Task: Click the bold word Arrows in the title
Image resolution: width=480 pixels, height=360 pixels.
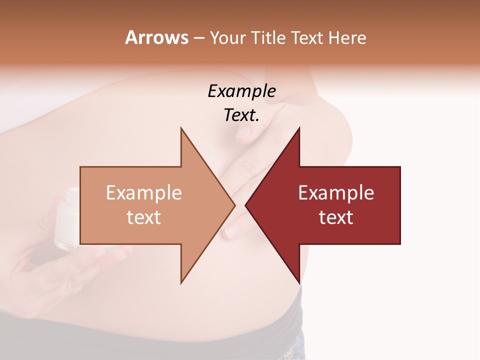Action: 156,37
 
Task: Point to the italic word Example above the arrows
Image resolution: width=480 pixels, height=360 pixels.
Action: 241,91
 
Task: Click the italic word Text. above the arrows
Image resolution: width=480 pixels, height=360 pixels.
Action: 241,115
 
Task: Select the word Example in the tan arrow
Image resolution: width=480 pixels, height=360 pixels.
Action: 144,193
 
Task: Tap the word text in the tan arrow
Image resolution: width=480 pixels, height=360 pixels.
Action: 144,217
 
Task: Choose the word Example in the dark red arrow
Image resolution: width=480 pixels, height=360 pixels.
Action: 336,193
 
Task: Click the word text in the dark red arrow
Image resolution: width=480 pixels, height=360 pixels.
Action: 336,217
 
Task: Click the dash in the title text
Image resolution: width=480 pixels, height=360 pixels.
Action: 198,38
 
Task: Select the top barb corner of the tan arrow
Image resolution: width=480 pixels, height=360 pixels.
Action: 181,128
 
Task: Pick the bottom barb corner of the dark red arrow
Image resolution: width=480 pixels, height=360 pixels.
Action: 299,282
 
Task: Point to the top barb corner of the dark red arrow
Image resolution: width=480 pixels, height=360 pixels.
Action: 299,128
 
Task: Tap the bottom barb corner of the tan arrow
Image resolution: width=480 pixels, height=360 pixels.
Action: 181,282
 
